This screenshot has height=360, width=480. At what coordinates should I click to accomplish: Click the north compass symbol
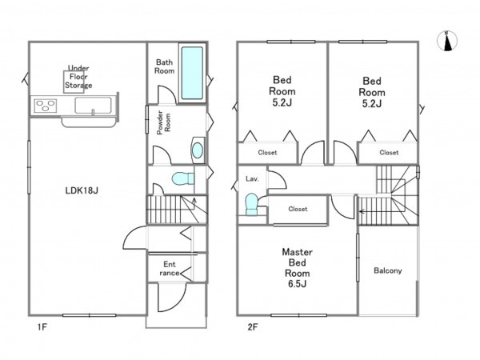click(447, 41)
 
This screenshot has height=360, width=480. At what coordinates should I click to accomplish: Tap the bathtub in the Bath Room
click(192, 73)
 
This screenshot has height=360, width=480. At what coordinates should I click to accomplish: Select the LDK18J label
click(82, 190)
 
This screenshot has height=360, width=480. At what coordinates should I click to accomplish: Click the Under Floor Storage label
click(78, 77)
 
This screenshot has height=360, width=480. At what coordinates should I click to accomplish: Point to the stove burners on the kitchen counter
click(46, 106)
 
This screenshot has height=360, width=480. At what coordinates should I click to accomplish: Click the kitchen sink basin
click(93, 106)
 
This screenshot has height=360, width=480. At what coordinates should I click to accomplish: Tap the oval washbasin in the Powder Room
click(198, 150)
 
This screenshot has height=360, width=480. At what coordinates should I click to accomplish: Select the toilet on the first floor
click(183, 178)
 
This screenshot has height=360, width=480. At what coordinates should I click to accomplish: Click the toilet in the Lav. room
click(252, 204)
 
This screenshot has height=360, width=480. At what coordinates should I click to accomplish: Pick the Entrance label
click(170, 269)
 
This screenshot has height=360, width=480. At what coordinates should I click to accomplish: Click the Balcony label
click(388, 270)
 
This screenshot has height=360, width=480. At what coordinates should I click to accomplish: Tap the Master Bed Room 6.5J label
click(298, 268)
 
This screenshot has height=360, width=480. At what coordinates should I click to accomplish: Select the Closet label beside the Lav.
click(298, 209)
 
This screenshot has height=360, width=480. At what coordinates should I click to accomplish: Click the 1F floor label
click(42, 327)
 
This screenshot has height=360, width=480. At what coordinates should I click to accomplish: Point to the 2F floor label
click(253, 327)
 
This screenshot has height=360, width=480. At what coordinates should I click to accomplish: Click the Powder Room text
click(163, 122)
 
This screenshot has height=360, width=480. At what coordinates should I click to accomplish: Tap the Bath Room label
click(164, 66)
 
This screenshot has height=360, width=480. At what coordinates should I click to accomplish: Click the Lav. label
click(252, 178)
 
